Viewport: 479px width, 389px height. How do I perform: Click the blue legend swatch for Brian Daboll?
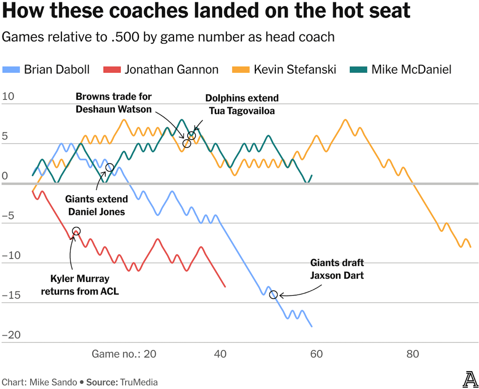click(11, 70)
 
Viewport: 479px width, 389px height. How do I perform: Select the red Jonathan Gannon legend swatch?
click(112, 70)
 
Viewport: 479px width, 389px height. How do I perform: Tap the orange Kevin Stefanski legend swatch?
click(241, 70)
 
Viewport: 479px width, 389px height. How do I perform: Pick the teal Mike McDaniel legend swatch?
click(358, 70)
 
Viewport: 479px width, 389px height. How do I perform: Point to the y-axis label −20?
click(11, 335)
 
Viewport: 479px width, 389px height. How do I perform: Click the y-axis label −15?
click(11, 295)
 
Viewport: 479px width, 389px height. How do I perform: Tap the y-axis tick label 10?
click(8, 96)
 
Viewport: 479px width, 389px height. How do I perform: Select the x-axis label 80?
click(412, 354)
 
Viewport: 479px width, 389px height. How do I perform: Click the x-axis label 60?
click(316, 354)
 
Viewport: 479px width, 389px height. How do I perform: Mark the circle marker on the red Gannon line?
click(76, 231)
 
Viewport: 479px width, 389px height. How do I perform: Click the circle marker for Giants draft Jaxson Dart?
click(273, 295)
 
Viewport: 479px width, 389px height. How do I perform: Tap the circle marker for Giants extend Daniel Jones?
click(110, 167)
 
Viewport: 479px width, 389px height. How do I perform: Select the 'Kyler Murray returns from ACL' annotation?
click(80, 285)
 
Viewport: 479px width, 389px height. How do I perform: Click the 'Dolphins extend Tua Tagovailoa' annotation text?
click(242, 104)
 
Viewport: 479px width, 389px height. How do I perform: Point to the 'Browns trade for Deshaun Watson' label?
click(114, 103)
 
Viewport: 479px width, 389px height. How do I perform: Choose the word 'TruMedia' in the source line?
click(139, 382)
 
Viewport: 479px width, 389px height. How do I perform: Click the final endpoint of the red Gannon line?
click(225, 287)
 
